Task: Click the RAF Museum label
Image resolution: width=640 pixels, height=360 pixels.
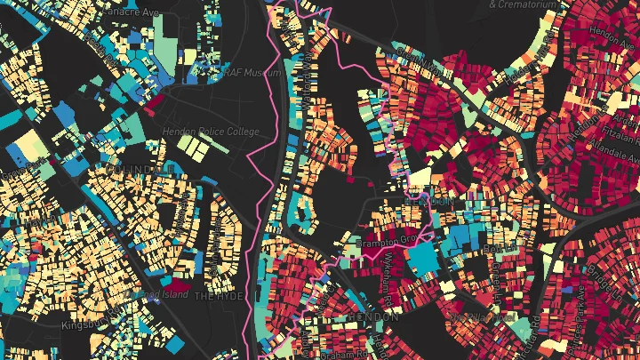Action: coord(232,72)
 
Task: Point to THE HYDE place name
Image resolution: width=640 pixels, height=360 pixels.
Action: coord(219,296)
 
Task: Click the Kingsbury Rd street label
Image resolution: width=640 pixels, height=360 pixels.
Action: coord(85,325)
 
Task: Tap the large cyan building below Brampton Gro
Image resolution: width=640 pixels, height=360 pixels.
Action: coord(422,260)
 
